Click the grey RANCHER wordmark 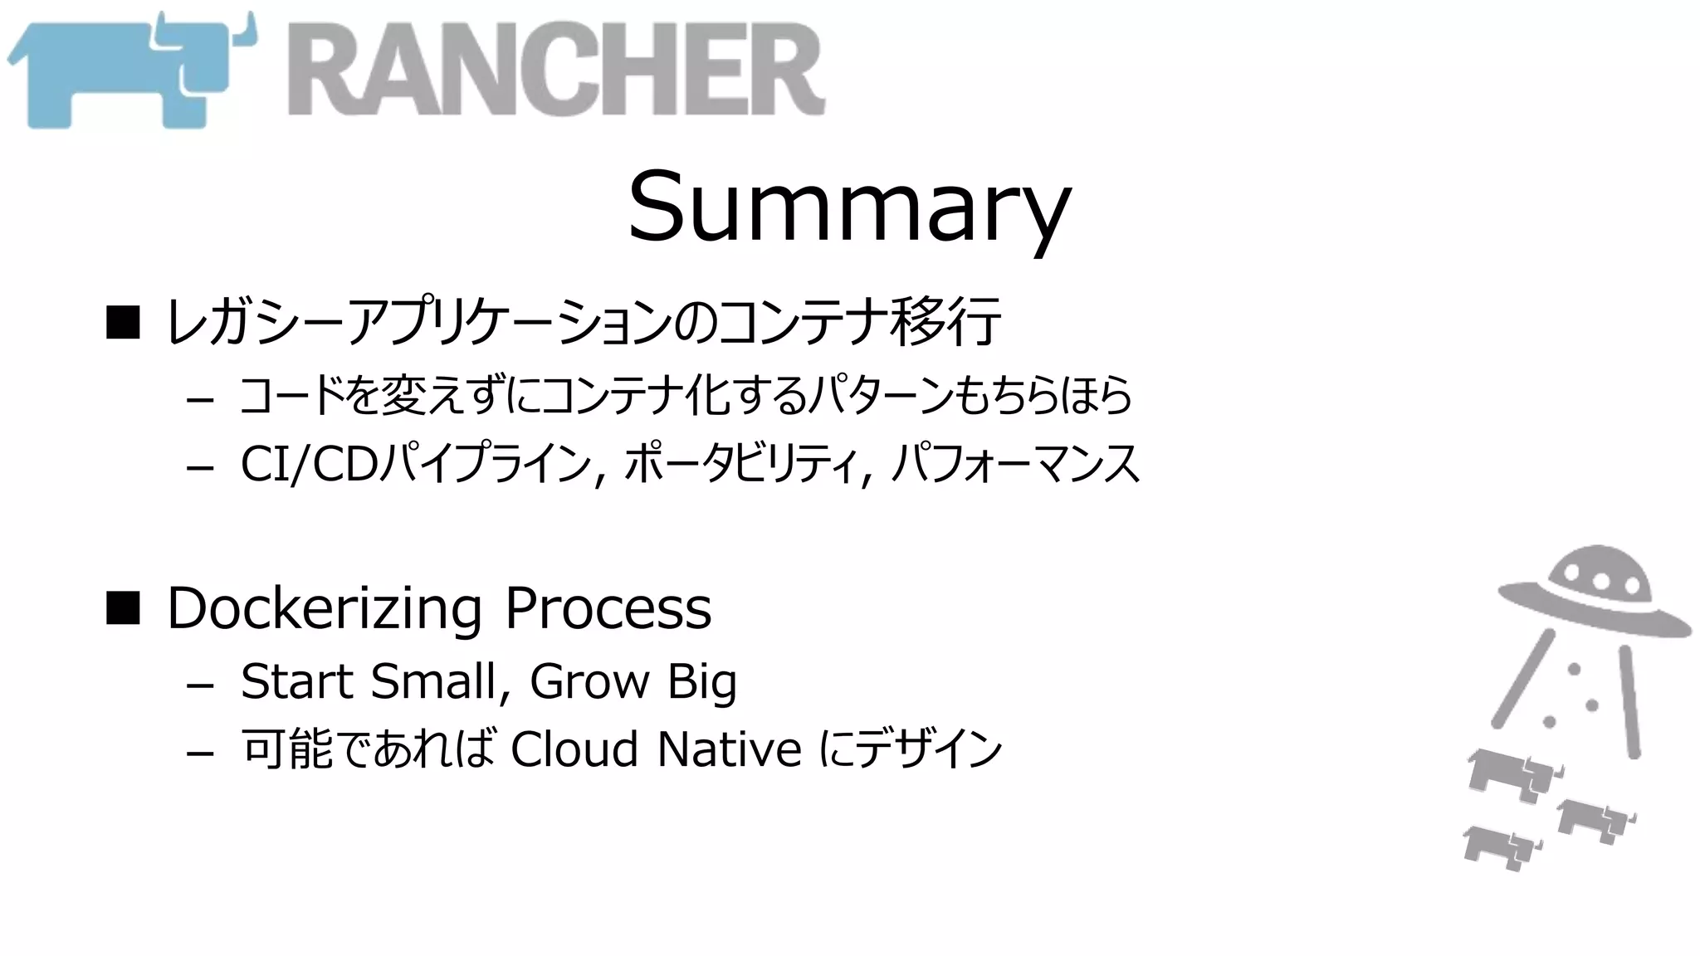[556, 71]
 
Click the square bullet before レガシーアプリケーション [123, 322]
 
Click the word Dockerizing [325, 610]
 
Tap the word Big [702, 683]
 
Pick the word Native [730, 749]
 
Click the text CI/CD [309, 465]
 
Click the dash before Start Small [200, 685]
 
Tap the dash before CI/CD [200, 469]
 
